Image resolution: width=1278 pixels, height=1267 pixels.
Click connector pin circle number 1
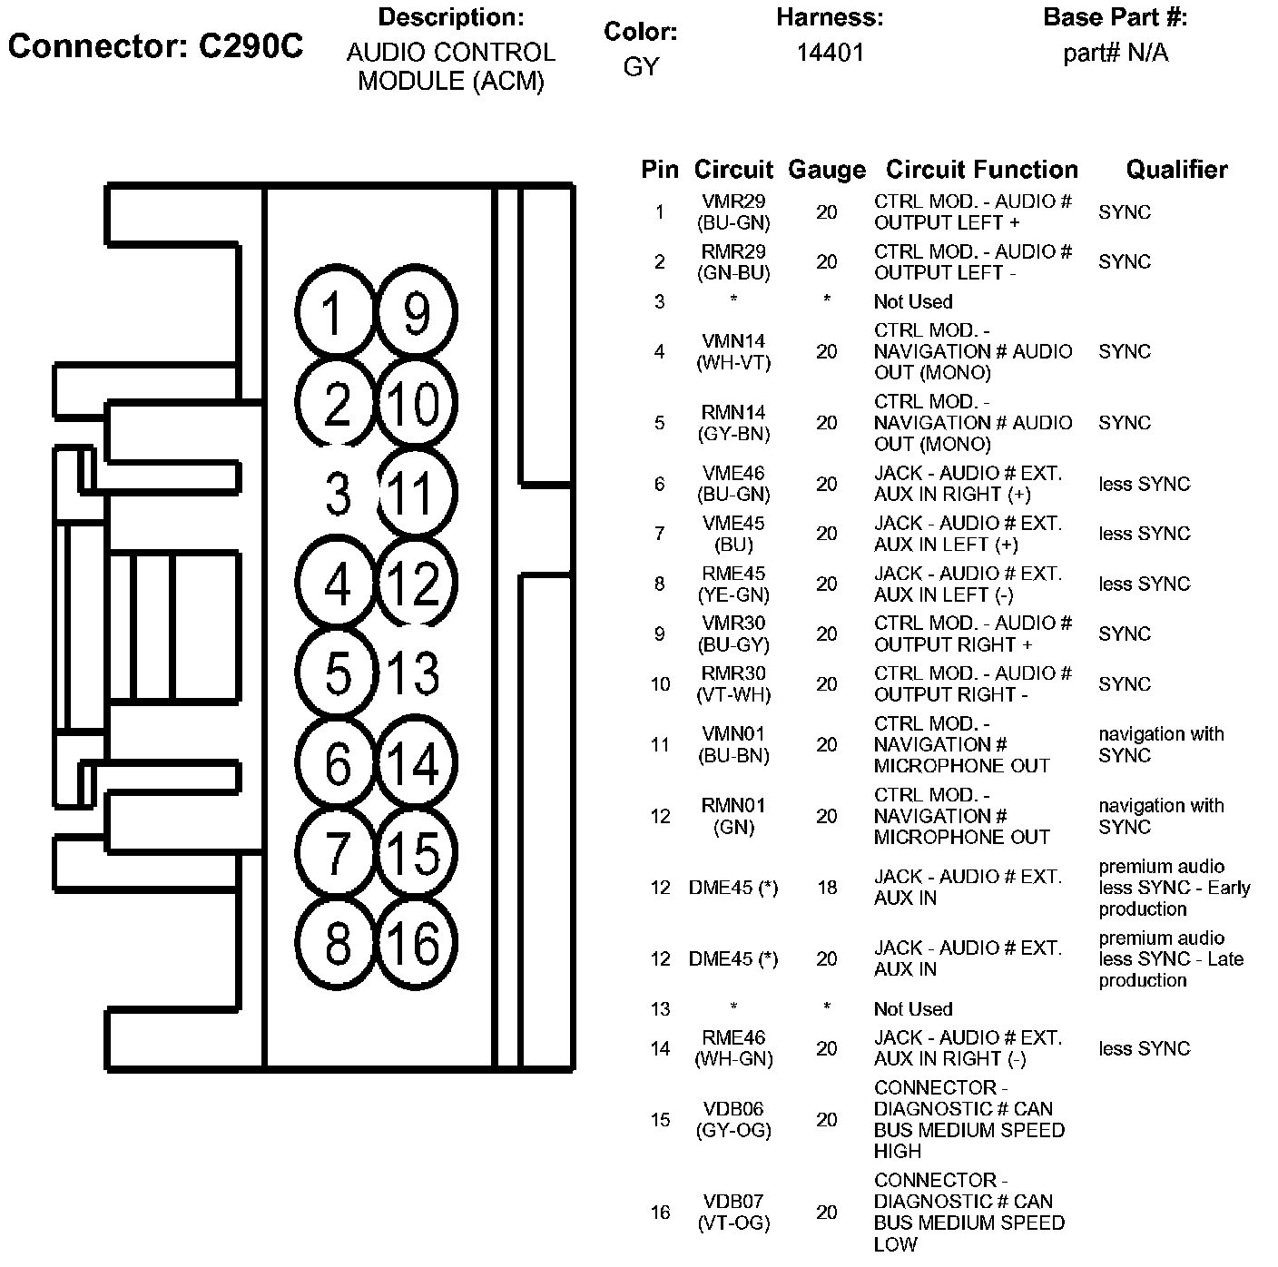click(336, 313)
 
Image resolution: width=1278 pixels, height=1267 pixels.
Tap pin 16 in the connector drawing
click(416, 943)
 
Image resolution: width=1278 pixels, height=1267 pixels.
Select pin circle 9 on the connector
click(416, 313)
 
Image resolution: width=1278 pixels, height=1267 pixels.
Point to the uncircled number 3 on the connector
click(338, 496)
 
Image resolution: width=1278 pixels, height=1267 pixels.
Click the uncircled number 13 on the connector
click(413, 673)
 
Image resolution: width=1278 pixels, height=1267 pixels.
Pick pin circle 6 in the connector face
click(336, 763)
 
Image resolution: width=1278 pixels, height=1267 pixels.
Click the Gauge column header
click(826, 170)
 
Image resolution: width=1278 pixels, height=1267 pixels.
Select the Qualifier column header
click(1176, 170)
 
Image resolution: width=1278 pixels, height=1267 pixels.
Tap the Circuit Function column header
click(981, 170)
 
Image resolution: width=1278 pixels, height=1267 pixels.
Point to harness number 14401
click(831, 53)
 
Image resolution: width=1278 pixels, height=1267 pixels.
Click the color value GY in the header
click(641, 67)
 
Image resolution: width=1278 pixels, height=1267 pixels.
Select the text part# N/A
click(1116, 53)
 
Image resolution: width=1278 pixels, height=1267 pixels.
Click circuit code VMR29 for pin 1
click(733, 201)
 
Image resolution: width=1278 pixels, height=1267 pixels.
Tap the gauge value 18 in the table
click(826, 888)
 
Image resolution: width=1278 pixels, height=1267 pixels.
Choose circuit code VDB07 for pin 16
click(733, 1202)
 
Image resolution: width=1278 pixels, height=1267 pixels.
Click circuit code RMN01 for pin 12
click(733, 806)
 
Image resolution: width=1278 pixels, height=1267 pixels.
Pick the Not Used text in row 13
click(913, 1009)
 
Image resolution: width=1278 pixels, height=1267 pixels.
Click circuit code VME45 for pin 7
click(733, 524)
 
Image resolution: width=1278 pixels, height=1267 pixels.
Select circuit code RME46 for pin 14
click(733, 1037)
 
